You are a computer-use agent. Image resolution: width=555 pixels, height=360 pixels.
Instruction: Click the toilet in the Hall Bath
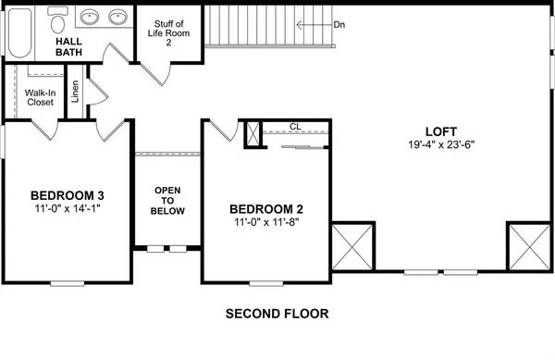[57, 19]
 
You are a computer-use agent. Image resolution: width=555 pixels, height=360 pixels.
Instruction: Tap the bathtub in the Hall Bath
[19, 33]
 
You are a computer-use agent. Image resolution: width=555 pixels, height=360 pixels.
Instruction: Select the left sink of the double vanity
[89, 17]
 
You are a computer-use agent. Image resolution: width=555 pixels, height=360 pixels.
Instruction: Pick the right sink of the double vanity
[117, 17]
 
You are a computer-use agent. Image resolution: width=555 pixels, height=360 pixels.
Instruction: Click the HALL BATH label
[68, 46]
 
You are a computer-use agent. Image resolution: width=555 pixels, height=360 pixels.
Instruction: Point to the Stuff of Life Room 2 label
[169, 33]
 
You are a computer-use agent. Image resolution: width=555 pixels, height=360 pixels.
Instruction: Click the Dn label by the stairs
[339, 25]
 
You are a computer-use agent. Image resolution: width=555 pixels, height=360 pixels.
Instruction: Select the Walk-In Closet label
[40, 97]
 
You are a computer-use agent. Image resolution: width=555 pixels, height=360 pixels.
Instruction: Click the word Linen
[75, 92]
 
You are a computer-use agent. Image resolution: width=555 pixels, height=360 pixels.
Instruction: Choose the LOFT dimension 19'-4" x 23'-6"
[441, 144]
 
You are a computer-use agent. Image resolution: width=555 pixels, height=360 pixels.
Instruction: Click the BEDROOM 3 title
[68, 195]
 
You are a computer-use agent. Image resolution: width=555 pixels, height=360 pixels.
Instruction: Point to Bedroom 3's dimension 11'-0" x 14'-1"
[68, 208]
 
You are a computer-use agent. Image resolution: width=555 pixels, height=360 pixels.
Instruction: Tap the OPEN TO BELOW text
[167, 201]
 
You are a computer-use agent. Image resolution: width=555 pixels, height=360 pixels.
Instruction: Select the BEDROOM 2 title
[266, 209]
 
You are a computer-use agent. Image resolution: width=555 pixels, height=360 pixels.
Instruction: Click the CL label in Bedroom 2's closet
[295, 127]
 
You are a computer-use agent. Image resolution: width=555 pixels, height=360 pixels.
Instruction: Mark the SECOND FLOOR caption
[277, 314]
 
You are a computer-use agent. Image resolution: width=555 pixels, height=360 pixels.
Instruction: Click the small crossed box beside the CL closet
[253, 133]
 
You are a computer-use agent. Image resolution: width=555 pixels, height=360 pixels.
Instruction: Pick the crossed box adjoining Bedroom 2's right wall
[352, 247]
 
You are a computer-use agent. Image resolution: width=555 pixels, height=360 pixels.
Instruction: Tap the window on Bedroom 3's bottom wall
[68, 283]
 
